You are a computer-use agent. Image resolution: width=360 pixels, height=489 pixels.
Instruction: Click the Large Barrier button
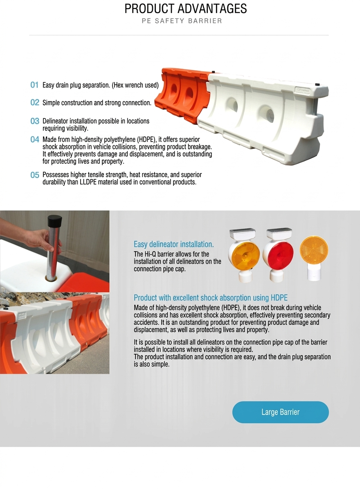click(280, 412)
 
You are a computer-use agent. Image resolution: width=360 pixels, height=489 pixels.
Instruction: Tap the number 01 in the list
click(34, 85)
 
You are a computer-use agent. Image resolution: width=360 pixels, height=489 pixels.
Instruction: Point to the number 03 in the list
click(35, 121)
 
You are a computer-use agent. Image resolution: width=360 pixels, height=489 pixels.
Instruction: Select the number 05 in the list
click(35, 175)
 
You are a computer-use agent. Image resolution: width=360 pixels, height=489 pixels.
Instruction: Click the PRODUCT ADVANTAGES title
click(185, 9)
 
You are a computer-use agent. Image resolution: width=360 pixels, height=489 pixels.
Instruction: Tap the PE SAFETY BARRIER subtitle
click(182, 21)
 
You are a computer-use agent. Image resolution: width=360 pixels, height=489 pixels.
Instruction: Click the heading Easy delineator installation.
click(173, 244)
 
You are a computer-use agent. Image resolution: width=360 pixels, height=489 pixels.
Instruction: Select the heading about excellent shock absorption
click(211, 298)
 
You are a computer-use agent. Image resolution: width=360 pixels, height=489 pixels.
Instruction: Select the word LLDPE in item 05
click(88, 182)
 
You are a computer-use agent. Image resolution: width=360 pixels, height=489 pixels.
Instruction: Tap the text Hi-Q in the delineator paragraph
click(150, 254)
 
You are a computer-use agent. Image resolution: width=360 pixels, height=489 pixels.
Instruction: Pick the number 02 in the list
click(35, 103)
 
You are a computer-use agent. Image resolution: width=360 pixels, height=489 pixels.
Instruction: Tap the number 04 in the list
click(35, 140)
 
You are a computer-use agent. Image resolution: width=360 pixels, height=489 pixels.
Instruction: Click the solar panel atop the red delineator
click(279, 233)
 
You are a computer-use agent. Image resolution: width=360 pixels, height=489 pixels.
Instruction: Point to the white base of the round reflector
click(313, 272)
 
